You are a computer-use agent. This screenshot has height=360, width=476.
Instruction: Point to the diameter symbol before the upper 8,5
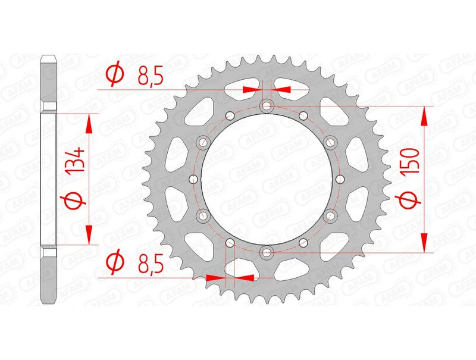tap(114, 74)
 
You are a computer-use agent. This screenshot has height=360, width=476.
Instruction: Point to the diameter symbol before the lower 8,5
tap(114, 262)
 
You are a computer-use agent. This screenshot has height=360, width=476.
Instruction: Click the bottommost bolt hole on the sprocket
tap(266, 252)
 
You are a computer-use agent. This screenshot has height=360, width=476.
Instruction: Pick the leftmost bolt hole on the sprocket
tap(192, 179)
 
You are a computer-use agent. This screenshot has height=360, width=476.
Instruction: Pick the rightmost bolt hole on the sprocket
tap(340, 179)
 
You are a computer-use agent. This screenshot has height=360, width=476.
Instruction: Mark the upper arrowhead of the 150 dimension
tap(424, 116)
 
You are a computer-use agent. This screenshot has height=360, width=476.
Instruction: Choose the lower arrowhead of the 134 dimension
tap(90, 234)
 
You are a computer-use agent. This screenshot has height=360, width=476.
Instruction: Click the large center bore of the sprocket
tap(266, 179)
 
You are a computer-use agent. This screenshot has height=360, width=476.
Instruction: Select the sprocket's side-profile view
tap(49, 179)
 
